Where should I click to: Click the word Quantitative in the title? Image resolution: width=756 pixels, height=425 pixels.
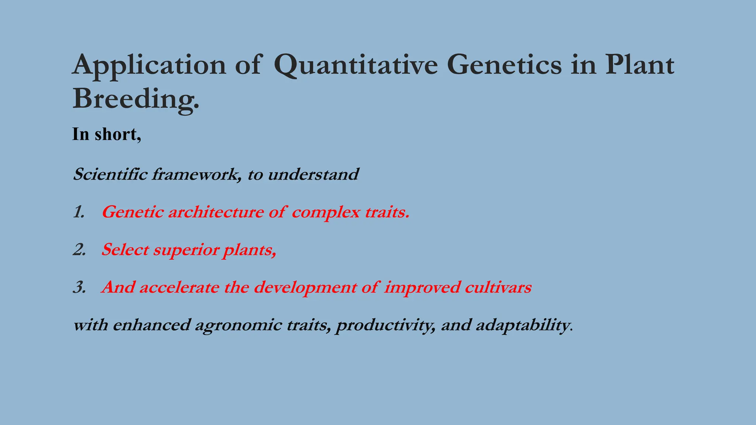click(x=356, y=65)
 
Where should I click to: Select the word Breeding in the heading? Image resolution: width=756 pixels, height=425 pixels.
click(x=135, y=99)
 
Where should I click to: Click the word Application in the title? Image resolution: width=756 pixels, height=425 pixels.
click(x=149, y=65)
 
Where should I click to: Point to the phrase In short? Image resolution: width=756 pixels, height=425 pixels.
click(x=106, y=134)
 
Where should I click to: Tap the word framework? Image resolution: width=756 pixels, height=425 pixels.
click(x=196, y=174)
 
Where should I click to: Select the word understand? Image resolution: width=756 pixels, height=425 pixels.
click(x=313, y=174)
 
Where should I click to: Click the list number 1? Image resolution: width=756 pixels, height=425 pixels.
click(x=79, y=212)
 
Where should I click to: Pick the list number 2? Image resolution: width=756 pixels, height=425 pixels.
click(x=79, y=250)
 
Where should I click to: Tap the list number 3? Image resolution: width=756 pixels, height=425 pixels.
click(x=79, y=287)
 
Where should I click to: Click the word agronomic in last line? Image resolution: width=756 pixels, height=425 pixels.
click(x=238, y=325)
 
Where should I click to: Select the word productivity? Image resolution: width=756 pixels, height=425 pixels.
click(x=385, y=325)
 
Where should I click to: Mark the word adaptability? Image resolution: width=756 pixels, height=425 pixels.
click(x=522, y=325)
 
